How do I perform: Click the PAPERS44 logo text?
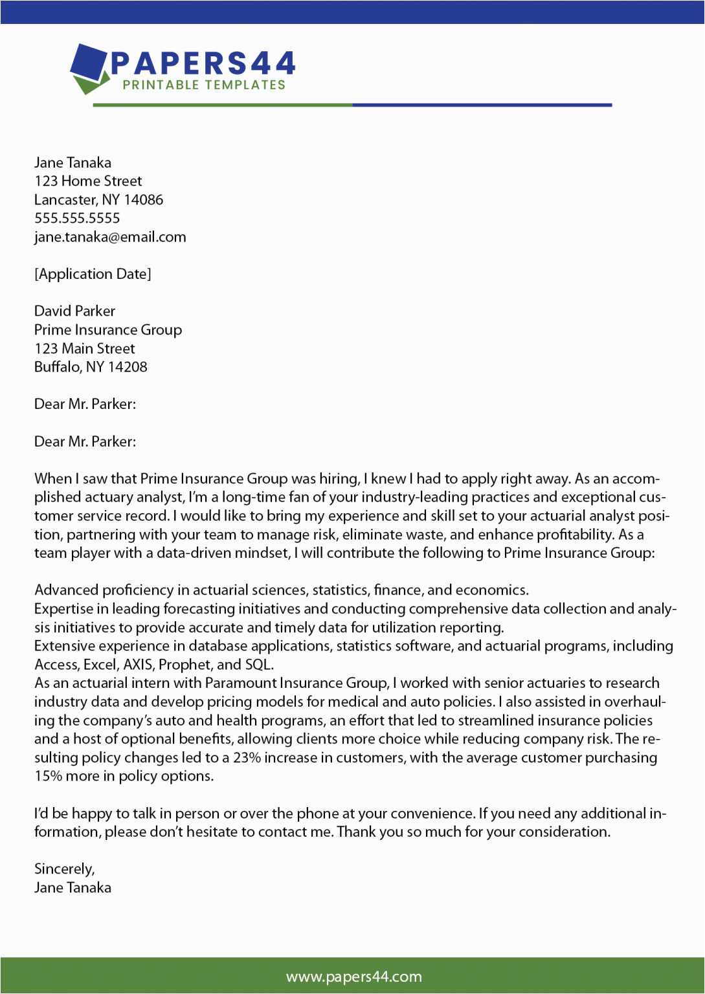pos(203,63)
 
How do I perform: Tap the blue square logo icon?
pos(89,63)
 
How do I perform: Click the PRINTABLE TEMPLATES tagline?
pos(204,85)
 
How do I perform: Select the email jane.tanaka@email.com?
pos(110,237)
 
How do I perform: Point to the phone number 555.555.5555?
pos(77,218)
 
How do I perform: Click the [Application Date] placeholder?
pos(93,274)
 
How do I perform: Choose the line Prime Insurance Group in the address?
pos(108,330)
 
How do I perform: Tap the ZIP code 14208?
pos(128,367)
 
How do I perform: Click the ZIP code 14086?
pos(144,200)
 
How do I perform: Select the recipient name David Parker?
pos(74,311)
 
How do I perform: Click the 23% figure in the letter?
pos(247,758)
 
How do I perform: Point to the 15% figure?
pos(49,777)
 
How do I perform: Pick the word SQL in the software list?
pos(258,665)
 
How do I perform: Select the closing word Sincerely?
pos(64,869)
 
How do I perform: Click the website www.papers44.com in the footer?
pos(353,977)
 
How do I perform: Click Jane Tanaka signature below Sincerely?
pos(73,888)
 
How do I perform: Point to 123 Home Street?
pos(88,181)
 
